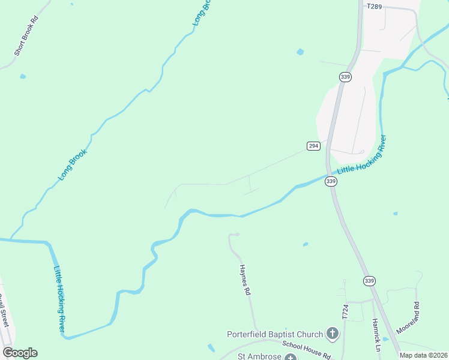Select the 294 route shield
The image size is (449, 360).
313,146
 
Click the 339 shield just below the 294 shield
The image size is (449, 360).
331,181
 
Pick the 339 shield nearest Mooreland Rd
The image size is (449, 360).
369,281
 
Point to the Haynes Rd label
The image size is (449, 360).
245,280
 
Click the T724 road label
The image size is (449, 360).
345,311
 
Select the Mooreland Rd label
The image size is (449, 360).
415,314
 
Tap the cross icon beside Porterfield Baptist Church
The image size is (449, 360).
333,334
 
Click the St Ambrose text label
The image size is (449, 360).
259,356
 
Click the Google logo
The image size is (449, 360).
20,353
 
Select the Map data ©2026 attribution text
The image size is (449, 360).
424,355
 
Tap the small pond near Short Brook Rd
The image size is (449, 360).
23,76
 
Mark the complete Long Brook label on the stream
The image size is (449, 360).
73,164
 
